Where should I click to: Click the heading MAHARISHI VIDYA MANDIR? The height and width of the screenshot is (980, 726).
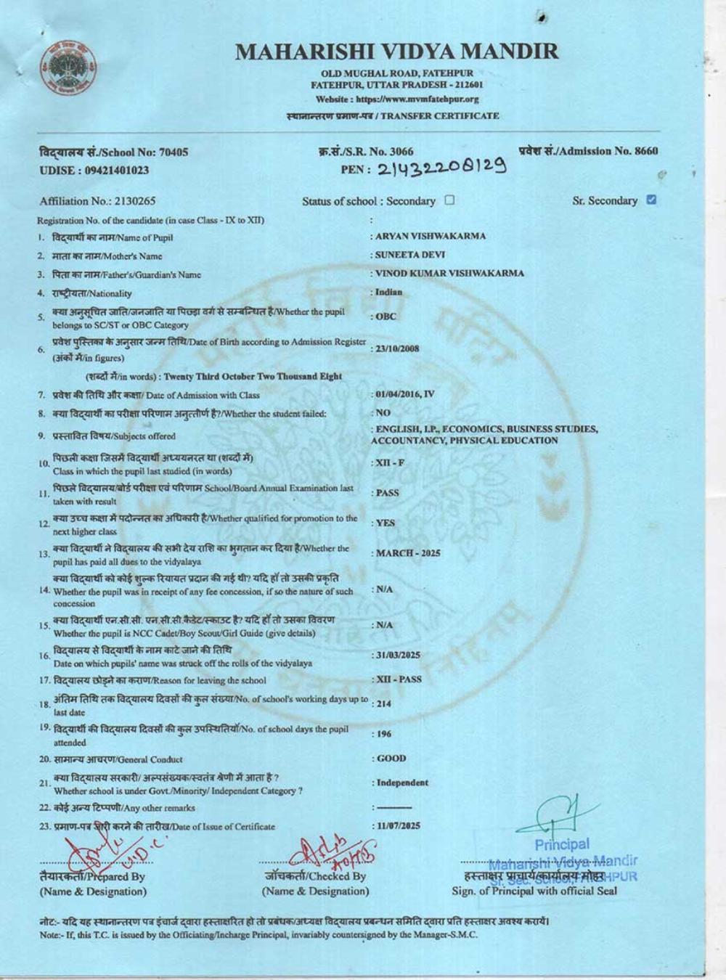point(397,52)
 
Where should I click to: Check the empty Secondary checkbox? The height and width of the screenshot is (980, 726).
point(449,200)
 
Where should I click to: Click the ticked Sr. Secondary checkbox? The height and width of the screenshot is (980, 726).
point(651,200)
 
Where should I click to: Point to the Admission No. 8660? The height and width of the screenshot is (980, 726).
point(588,151)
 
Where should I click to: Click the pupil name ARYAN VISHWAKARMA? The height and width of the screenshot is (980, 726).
point(431,236)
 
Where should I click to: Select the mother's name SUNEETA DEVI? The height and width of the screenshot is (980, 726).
point(410,255)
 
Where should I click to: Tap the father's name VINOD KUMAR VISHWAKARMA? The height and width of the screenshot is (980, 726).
point(449,274)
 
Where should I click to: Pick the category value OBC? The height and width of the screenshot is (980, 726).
point(386,317)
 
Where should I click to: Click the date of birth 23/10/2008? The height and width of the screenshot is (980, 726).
point(398,348)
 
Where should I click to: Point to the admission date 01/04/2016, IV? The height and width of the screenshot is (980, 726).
point(405,394)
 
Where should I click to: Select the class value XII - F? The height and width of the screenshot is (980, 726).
point(391,462)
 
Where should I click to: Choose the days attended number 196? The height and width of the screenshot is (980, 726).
point(383,734)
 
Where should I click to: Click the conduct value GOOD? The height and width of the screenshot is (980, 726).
point(392,759)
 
